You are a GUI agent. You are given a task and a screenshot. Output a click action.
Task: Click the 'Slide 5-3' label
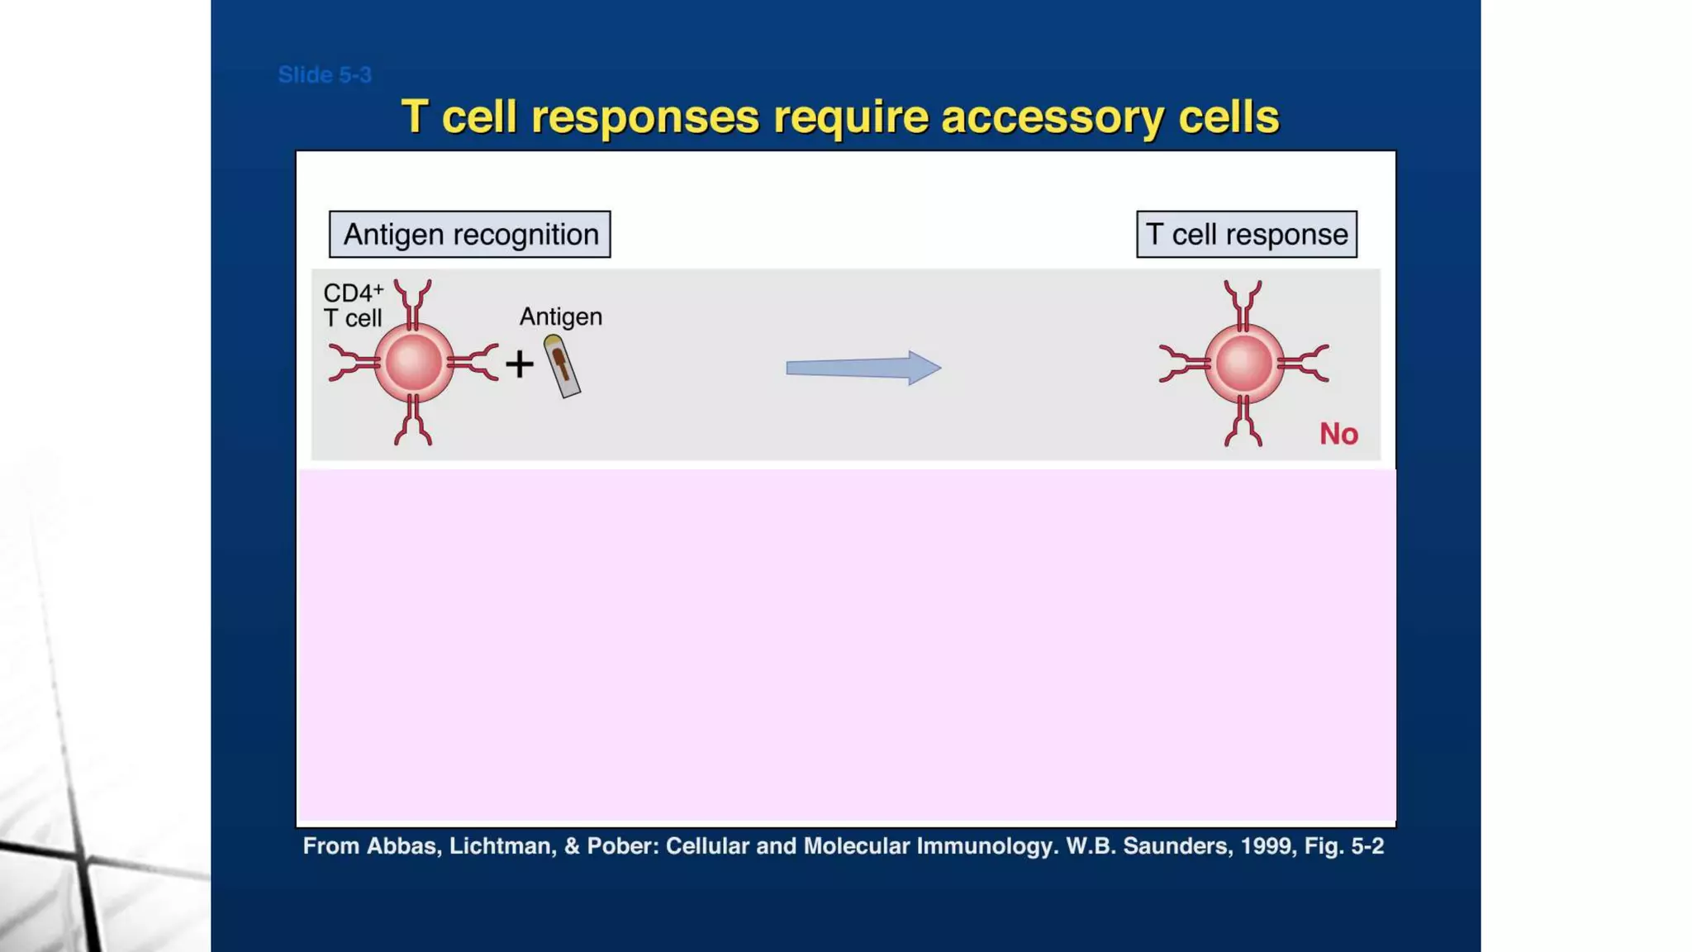325,75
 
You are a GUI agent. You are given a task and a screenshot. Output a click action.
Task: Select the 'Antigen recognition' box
470,235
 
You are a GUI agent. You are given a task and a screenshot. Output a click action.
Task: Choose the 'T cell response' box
1246,235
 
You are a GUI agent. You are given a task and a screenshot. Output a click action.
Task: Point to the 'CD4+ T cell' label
354,305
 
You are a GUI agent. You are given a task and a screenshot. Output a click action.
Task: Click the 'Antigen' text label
561,317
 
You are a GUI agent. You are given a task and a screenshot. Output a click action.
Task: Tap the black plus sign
520,364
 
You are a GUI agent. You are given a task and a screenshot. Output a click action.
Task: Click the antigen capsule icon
562,366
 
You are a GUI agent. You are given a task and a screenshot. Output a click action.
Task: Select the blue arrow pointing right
863,368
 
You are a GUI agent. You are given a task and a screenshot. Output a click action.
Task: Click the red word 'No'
1338,434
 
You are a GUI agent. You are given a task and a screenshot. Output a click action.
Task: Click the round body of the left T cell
414,363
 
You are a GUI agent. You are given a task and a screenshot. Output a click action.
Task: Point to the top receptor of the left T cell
413,302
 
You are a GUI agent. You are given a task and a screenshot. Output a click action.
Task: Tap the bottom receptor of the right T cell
1243,423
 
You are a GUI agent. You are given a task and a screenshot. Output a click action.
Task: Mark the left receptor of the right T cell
1182,364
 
